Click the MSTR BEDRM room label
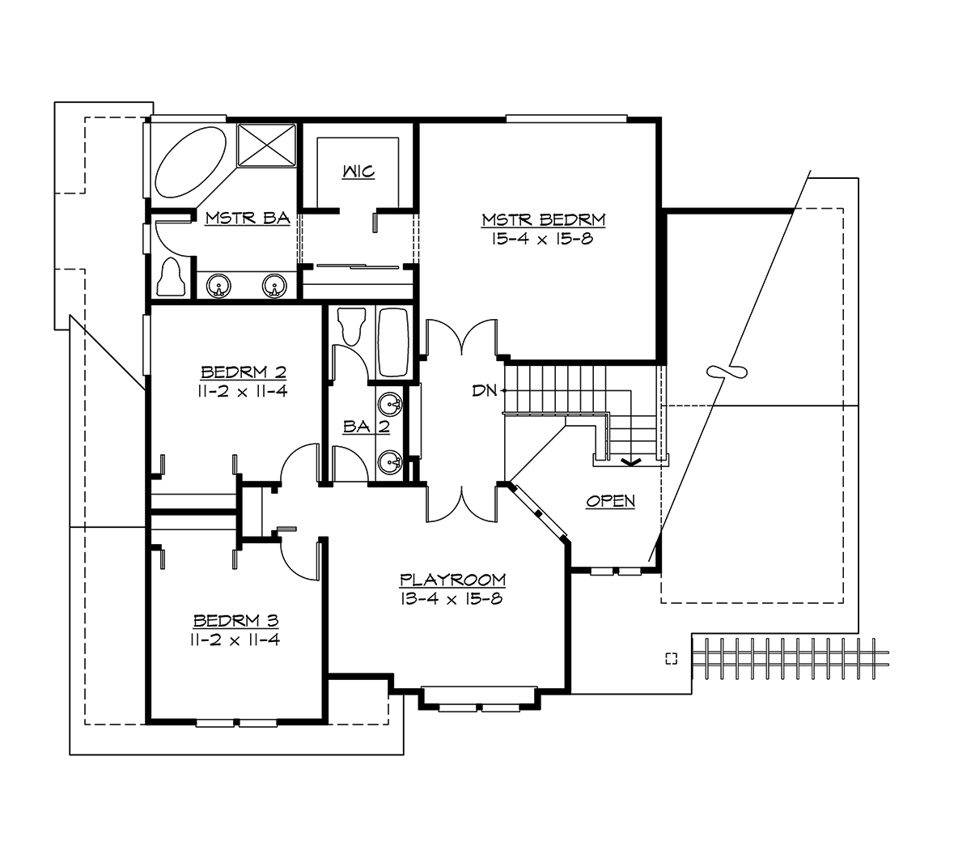point(544,219)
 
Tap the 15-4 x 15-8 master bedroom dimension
point(544,239)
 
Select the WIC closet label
point(358,172)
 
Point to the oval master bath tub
point(191,161)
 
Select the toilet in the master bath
point(172,278)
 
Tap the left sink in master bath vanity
point(219,286)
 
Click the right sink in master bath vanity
point(275,286)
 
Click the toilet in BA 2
point(352,326)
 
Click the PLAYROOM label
point(452,580)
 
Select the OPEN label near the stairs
point(611,502)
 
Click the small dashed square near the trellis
point(670,657)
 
